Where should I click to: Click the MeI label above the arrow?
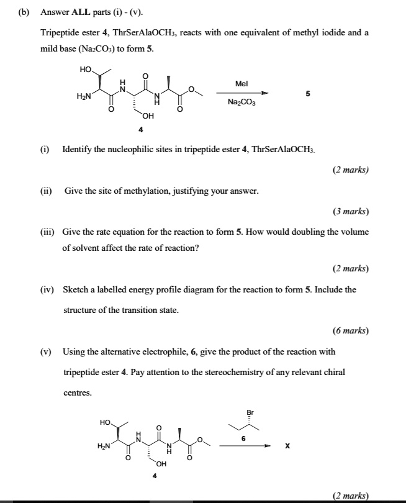(241, 83)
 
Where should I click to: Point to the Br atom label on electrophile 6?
(250, 412)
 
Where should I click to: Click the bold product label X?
(288, 446)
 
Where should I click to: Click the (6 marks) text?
(350, 331)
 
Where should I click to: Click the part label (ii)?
(47, 191)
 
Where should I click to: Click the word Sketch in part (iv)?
(75, 289)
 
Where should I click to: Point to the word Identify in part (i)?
(77, 150)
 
